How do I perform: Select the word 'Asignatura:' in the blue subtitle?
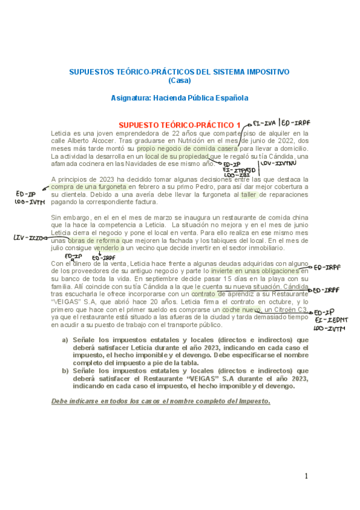pyautogui.click(x=133, y=97)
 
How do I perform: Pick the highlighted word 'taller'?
pyautogui.click(x=249, y=195)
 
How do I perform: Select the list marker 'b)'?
pyautogui.click(x=66, y=371)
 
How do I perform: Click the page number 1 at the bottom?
pyautogui.click(x=306, y=476)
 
